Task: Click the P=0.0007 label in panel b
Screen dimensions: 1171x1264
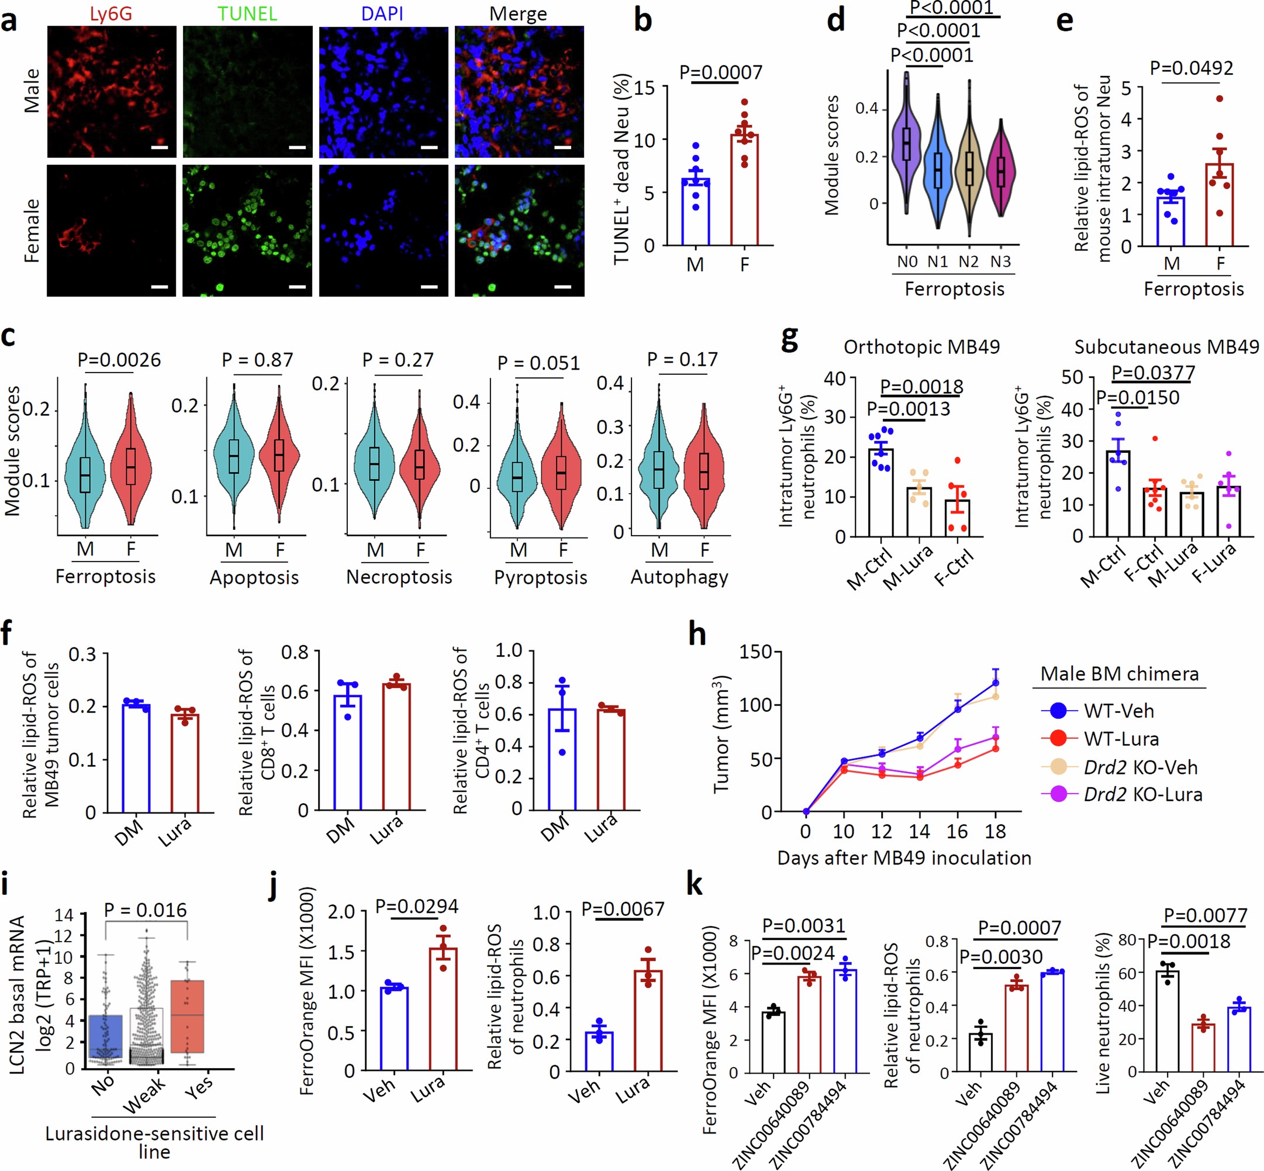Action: point(721,73)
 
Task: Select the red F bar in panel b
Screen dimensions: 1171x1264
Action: point(744,190)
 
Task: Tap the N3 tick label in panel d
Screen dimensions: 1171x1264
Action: point(1000,261)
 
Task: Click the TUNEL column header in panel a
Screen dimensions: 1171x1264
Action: point(247,13)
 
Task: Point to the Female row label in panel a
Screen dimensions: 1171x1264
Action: point(32,230)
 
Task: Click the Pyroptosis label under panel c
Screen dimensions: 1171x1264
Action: point(540,577)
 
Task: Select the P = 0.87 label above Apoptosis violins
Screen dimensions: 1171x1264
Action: point(257,360)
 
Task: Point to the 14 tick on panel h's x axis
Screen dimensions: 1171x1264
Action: point(919,831)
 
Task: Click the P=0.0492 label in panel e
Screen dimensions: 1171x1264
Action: point(1191,68)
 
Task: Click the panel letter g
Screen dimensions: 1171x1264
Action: point(789,339)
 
